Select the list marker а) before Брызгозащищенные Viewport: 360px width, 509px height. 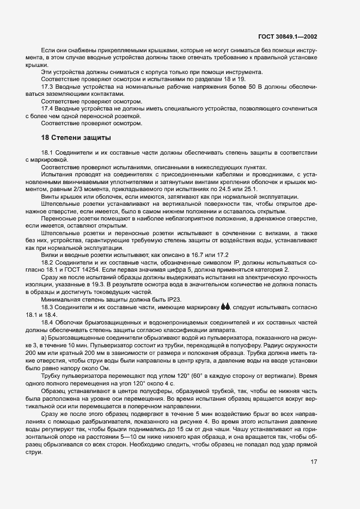(x=44, y=337)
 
